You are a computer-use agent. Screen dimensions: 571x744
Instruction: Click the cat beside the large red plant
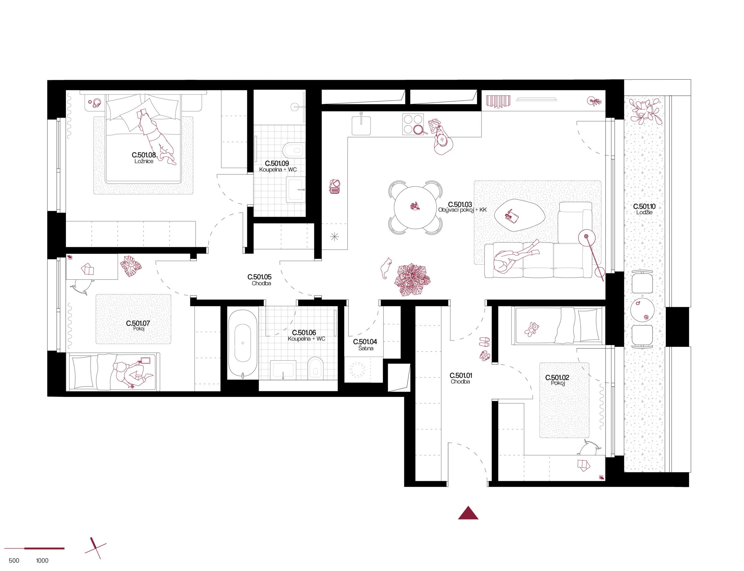(x=386, y=268)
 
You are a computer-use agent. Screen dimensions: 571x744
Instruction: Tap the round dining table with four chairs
(x=415, y=207)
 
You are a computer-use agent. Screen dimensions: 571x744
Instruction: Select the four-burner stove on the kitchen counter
(x=413, y=124)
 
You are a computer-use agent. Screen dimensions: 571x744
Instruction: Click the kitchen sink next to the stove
(x=361, y=125)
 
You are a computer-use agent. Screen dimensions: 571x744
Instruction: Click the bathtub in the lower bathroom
(x=243, y=343)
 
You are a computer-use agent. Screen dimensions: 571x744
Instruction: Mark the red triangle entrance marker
(x=468, y=513)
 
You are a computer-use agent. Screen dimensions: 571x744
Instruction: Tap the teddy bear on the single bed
(x=532, y=329)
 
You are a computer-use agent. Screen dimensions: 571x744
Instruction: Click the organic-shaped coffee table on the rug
(x=519, y=215)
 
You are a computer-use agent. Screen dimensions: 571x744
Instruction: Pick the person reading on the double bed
(x=156, y=138)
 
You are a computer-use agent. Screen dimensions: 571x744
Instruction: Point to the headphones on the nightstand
(x=96, y=103)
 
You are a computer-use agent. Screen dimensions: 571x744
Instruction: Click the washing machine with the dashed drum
(x=357, y=370)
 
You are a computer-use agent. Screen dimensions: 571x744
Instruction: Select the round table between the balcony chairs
(x=642, y=310)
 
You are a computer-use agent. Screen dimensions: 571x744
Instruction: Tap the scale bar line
(x=34, y=548)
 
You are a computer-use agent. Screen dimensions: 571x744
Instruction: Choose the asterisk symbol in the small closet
(x=335, y=237)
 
